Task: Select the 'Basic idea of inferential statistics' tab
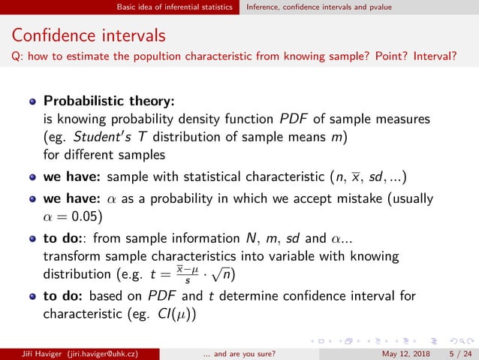pos(177,8)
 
